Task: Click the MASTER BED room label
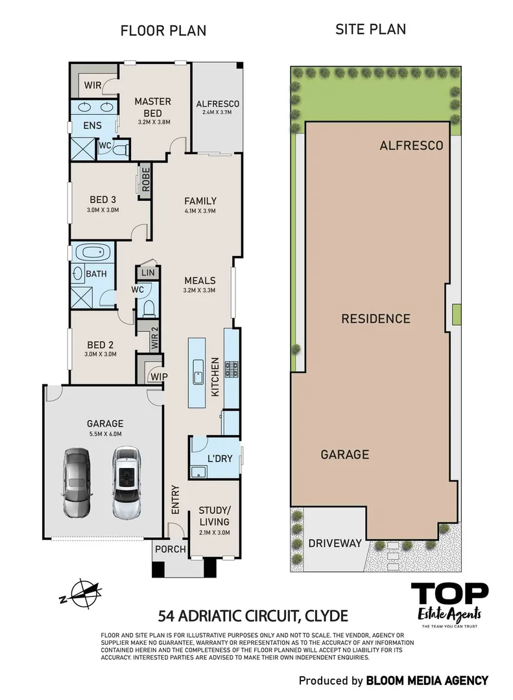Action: pos(153,106)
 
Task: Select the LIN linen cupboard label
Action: pos(147,274)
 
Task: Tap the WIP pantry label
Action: pos(158,377)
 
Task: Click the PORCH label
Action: pos(170,550)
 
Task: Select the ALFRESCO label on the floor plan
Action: pos(218,104)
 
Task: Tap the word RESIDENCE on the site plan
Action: pos(376,318)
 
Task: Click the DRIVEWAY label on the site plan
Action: pos(335,543)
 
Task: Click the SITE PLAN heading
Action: pos(370,29)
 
